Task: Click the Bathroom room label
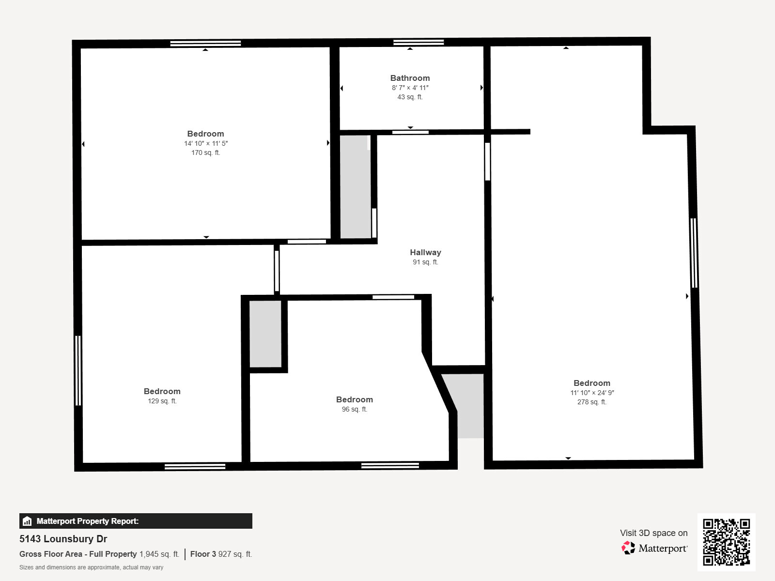coord(410,78)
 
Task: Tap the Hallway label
coord(425,252)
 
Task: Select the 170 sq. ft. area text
coord(205,153)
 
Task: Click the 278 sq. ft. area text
coord(591,402)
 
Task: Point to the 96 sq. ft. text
coord(354,409)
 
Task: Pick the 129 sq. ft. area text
coord(162,401)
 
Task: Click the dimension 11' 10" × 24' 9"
coord(591,393)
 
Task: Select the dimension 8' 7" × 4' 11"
coord(410,88)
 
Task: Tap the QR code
coord(726,542)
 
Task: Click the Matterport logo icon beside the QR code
coord(628,548)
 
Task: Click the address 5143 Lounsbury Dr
coord(63,539)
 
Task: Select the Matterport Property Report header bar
coord(136,521)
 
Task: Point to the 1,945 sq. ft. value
coord(159,554)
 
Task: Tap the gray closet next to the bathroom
coord(355,186)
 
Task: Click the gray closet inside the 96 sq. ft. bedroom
coord(265,334)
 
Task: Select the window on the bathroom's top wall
coord(418,43)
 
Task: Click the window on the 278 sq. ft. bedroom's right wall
coord(693,253)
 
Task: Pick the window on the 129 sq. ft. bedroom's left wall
coord(78,370)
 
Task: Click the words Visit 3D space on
coord(653,533)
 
